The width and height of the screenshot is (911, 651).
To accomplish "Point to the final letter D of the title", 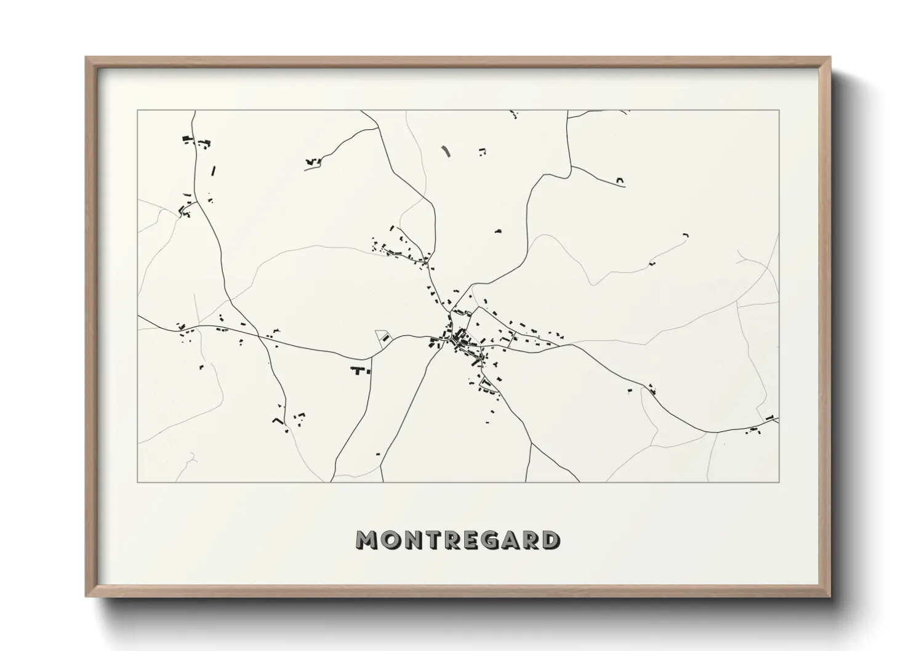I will pyautogui.click(x=550, y=540).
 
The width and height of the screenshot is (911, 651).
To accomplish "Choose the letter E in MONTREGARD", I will pyautogui.click(x=475, y=540).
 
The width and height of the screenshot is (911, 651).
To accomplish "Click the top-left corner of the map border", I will pyautogui.click(x=138, y=111).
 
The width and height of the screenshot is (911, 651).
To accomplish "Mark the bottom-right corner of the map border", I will pyautogui.click(x=779, y=482).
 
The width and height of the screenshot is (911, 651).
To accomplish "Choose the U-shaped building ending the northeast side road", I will pyautogui.click(x=620, y=181).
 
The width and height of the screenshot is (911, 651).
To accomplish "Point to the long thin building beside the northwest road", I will pyautogui.click(x=214, y=170).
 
